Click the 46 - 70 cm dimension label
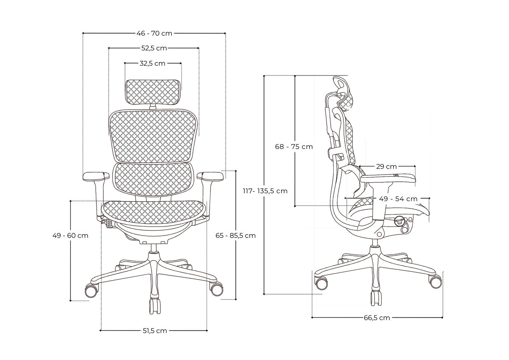click(154, 33)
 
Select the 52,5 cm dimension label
click(154, 48)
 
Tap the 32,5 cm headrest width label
click(153, 63)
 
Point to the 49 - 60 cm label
click(70, 236)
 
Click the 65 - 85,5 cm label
click(235, 236)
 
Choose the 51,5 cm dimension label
click(154, 331)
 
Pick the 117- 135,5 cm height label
click(265, 191)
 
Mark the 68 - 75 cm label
click(294, 147)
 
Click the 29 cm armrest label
click(386, 166)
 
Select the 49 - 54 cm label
click(398, 199)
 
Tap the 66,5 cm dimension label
click(377, 318)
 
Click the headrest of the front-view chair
click(154, 92)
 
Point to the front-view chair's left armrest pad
click(94, 176)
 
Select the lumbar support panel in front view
click(154, 180)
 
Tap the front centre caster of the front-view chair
click(155, 306)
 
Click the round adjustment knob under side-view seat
click(399, 221)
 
